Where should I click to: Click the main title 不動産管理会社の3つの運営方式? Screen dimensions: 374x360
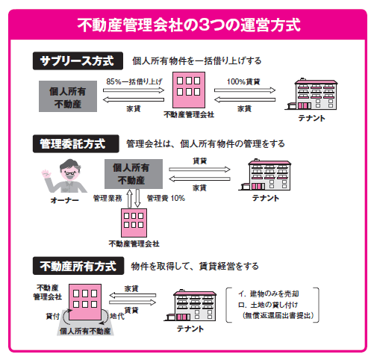[189, 25]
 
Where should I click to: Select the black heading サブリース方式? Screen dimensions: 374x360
[78, 60]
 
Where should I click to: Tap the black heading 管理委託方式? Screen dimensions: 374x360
[76, 143]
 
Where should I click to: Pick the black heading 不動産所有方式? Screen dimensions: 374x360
[78, 266]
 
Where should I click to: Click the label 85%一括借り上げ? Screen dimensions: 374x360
[134, 81]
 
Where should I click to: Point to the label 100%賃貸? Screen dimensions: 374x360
[243, 81]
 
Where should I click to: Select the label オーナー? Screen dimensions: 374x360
[64, 200]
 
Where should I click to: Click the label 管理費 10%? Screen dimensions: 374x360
[166, 198]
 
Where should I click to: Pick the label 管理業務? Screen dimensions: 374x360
[107, 198]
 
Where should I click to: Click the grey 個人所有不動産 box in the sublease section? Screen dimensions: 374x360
[68, 96]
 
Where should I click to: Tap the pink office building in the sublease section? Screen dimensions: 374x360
[189, 90]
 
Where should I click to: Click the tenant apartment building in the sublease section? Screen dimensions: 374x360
[311, 95]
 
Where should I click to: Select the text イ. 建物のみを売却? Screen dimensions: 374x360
[269, 294]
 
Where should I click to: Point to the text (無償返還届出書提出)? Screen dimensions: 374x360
[278, 315]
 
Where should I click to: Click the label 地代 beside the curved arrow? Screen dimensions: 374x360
[117, 316]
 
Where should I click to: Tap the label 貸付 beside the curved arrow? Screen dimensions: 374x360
[53, 316]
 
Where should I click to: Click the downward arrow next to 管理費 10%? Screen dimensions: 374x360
[137, 198]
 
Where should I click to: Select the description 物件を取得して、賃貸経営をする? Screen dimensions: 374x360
[195, 266]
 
